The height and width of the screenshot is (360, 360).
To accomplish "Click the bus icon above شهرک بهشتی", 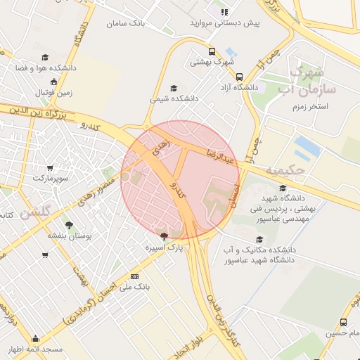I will point(212,51).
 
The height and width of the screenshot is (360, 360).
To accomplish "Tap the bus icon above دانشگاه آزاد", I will point(239,77).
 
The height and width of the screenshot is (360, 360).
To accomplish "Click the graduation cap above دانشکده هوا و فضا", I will point(46,57).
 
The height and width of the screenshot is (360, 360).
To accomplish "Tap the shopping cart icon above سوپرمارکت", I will point(49,168).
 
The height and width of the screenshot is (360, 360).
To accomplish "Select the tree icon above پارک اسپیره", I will point(164,236).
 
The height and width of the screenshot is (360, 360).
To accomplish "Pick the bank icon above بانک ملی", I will point(135,277).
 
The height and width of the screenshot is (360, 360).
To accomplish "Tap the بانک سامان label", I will point(129,24).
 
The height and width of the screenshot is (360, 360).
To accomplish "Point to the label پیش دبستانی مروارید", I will point(224,23).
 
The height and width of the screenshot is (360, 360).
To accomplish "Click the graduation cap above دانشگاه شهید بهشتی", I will point(282,188).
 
